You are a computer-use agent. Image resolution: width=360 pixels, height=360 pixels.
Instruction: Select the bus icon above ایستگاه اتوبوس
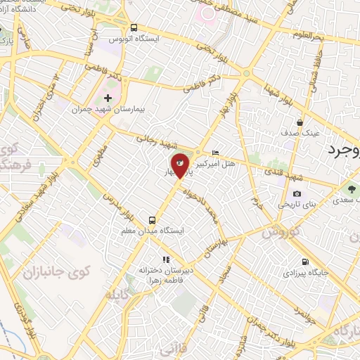pos(134,27)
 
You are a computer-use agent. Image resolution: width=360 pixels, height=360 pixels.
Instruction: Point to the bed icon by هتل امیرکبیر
pos(215,153)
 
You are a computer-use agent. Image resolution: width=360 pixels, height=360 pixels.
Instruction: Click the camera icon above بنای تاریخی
pos(296,193)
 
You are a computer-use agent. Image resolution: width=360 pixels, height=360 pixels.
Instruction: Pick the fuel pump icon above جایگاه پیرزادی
pos(304,261)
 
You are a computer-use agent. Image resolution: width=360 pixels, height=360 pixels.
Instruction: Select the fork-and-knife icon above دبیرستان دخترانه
pos(166,259)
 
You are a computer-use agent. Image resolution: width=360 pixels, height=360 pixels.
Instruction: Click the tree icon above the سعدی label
pos(350,188)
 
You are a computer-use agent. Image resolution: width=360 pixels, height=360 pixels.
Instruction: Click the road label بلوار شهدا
pos(266,91)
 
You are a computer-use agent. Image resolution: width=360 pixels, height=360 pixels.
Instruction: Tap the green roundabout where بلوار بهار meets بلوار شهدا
pos(246,73)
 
